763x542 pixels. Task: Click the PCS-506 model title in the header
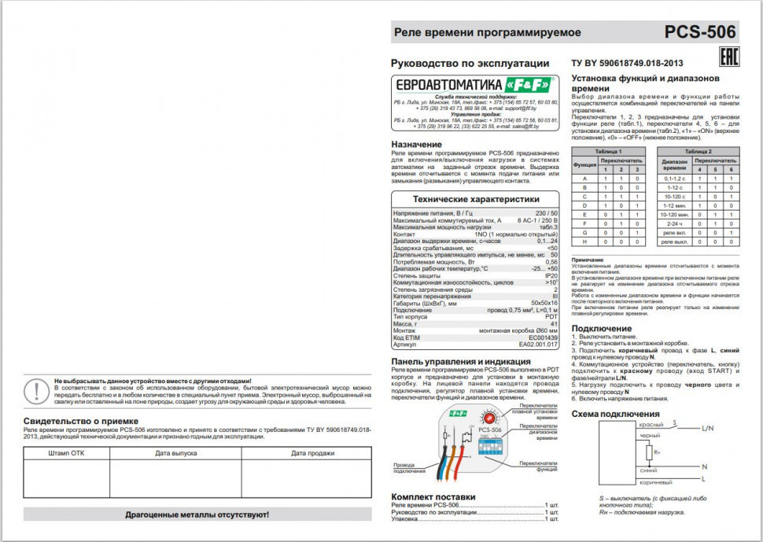700,32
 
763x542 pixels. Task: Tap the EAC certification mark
728,57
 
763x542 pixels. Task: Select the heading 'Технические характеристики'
475,200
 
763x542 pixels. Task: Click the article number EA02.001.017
538,344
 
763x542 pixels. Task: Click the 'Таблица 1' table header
609,150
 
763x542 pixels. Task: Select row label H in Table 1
584,242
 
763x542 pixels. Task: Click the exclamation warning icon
36,390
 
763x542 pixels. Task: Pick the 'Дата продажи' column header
312,453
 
